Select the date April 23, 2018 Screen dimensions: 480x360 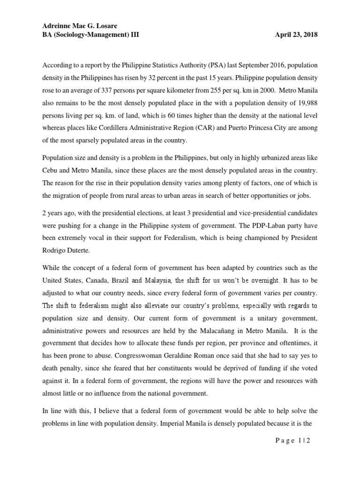point(297,35)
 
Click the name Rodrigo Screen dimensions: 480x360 point(55,243)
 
